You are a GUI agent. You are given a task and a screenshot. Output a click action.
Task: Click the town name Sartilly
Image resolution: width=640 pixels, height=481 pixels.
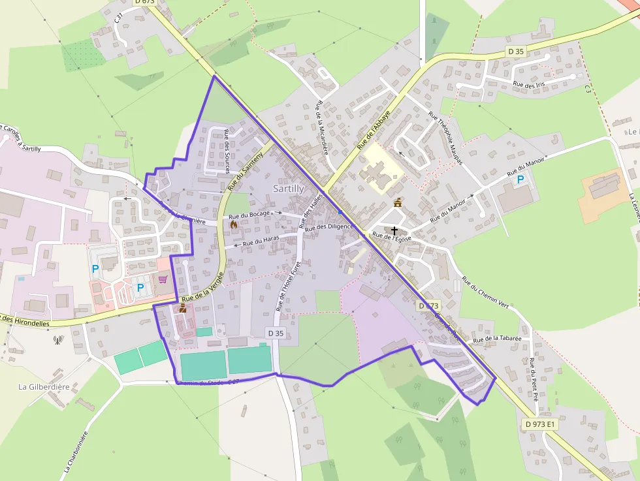point(288,189)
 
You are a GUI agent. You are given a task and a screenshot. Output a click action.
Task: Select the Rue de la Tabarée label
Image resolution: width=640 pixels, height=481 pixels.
point(497,339)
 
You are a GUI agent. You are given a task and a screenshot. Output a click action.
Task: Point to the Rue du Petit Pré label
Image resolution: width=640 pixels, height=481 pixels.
point(534,379)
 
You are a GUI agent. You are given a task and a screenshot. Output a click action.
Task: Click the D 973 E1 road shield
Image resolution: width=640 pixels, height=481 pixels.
point(540,424)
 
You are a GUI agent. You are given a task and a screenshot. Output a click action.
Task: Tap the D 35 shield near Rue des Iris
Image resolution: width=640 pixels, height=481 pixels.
point(515,51)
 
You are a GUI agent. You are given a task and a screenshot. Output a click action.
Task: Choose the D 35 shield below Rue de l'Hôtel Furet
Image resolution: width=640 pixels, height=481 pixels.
point(276,333)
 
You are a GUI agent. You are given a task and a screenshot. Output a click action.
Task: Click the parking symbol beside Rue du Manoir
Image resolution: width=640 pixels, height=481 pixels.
point(520,179)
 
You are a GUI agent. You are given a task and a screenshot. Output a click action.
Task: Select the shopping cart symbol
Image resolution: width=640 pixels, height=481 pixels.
point(163,279)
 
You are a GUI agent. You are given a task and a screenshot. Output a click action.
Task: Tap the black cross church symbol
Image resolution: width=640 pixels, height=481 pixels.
point(394,230)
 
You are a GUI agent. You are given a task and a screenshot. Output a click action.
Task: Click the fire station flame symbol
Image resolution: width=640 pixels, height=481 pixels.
point(234,224)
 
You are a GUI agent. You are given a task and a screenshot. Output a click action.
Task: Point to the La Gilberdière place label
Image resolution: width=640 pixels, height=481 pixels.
point(44,386)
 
